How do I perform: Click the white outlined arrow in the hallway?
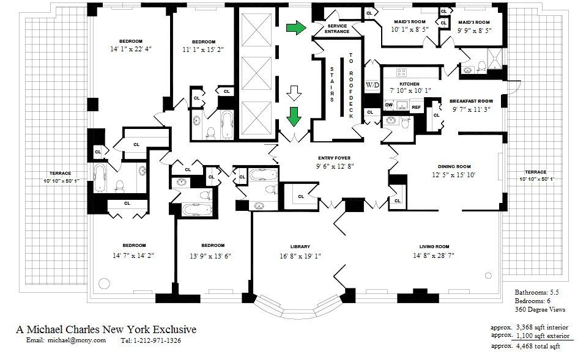click(x=295, y=94)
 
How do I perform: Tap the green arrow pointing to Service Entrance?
click(x=296, y=28)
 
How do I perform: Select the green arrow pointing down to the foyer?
click(x=295, y=115)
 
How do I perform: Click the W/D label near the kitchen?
click(x=372, y=84)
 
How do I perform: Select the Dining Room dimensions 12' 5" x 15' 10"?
click(x=454, y=175)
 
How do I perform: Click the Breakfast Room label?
click(x=471, y=101)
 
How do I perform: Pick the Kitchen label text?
click(x=409, y=84)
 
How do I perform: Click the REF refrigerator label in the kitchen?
click(x=416, y=107)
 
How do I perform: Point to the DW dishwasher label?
click(x=388, y=105)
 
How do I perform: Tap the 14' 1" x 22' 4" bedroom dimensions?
click(x=130, y=49)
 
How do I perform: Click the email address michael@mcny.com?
click(x=76, y=340)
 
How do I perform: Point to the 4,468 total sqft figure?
click(x=538, y=346)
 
